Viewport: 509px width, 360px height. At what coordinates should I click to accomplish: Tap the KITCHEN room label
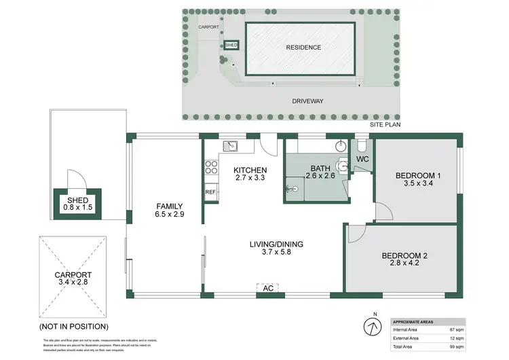[250, 170]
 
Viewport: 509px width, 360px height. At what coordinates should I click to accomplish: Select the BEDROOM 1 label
[418, 176]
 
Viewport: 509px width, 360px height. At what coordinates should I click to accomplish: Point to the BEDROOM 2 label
[404, 255]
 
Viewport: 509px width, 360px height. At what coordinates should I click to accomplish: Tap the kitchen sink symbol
[231, 144]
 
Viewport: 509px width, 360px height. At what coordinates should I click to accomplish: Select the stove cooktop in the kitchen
[210, 166]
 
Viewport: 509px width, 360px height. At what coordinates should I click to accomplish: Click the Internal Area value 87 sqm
[457, 329]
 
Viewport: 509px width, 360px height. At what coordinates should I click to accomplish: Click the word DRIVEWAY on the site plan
[307, 101]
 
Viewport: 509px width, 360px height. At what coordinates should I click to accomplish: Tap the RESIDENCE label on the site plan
[303, 48]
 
